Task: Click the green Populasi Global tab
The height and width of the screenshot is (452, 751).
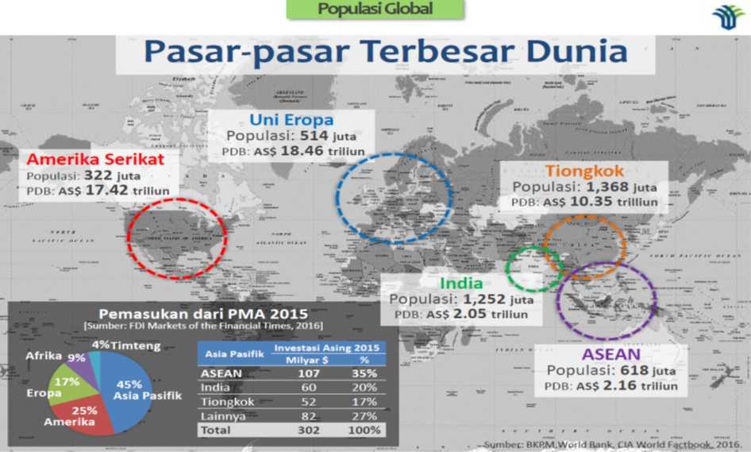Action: click(x=375, y=10)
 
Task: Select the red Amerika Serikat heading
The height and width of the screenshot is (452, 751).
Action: click(x=96, y=159)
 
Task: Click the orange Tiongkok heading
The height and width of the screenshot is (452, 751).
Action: click(x=584, y=171)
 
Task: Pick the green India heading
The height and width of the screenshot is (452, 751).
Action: click(x=461, y=284)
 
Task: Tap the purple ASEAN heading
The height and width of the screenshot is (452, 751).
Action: click(x=610, y=353)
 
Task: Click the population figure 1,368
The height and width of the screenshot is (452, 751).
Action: click(x=607, y=187)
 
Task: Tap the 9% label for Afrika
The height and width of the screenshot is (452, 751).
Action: click(x=77, y=358)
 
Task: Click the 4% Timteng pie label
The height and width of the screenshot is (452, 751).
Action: click(x=101, y=345)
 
